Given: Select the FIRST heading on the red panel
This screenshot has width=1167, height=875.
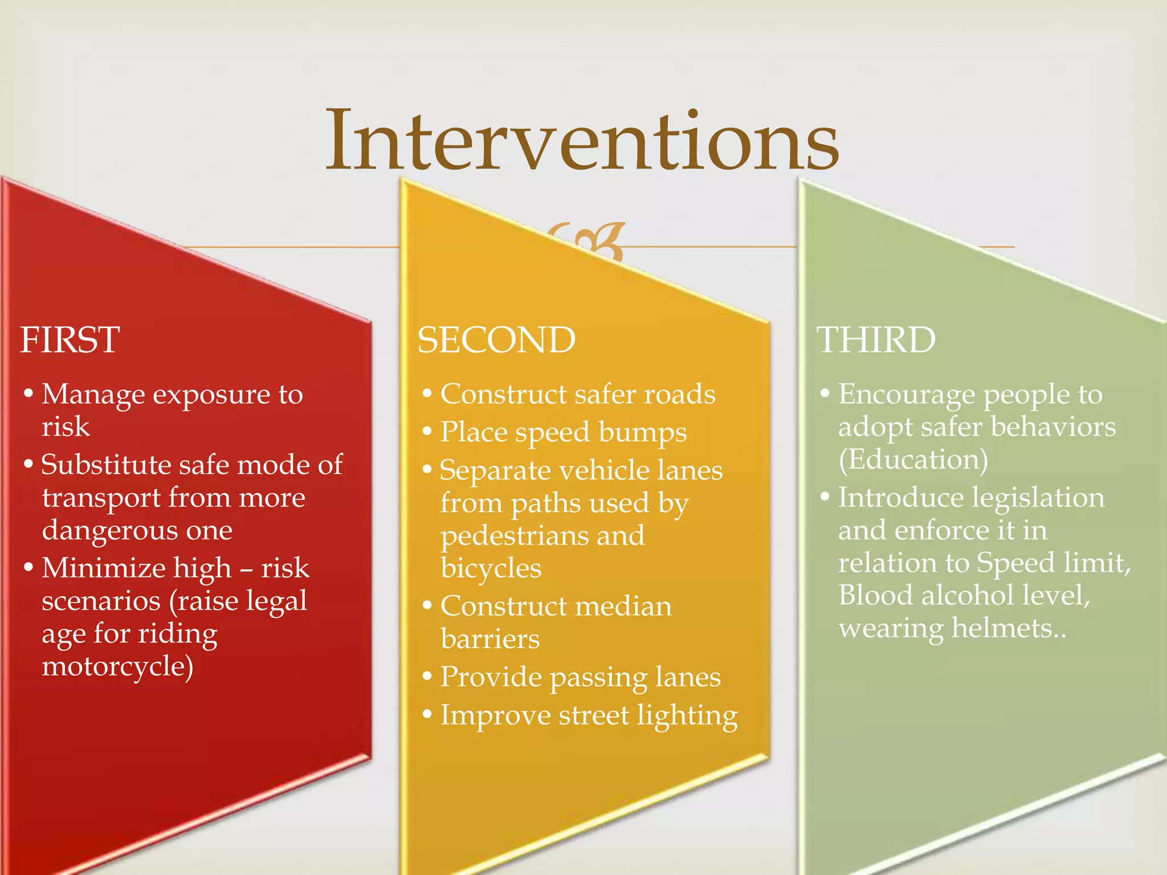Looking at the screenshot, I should point(70,340).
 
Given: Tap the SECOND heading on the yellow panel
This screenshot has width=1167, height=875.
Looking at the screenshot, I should point(496,340).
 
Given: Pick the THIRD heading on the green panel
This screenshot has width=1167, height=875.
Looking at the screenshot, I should point(876,340).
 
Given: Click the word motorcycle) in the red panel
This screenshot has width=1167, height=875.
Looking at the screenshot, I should point(117,666).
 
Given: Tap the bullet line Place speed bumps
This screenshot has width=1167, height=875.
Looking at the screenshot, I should point(563,432).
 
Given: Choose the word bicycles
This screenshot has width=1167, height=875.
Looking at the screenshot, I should point(491,569).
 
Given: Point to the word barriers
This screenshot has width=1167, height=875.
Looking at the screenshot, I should point(490,639).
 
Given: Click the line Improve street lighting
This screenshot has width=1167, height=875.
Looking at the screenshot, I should point(589,715).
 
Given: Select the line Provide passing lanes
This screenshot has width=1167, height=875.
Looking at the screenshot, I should point(580,677).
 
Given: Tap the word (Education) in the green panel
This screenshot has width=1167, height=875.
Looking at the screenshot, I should point(913,460).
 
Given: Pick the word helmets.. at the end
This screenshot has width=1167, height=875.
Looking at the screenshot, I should point(1009,628).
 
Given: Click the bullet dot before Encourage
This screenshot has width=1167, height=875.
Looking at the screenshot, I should point(825,393).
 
